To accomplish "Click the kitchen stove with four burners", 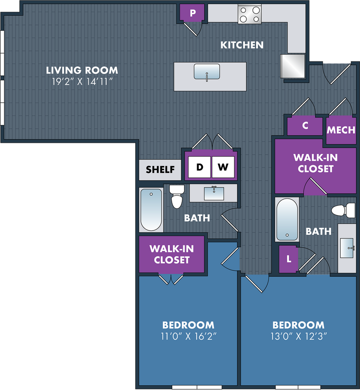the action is tap(249, 14).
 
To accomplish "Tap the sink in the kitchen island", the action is tap(207, 72).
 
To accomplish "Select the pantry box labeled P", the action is tap(192, 12).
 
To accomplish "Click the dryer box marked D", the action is tap(199, 167).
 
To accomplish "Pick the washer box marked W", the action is tap(223, 167).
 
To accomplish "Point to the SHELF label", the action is tap(160, 170).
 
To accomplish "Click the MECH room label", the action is tap(341, 130).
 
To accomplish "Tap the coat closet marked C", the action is tap(305, 126).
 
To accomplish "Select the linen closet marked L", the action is tap(288, 259).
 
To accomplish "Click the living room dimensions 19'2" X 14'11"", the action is tap(82, 82).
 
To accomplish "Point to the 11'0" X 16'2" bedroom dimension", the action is tap(189, 336).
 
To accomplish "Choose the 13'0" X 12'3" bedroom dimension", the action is tap(299, 336).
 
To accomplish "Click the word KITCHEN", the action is tap(242, 45).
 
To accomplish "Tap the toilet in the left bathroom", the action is tap(177, 196).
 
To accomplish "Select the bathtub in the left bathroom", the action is tap(151, 210).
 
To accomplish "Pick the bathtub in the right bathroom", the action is tap(287, 219).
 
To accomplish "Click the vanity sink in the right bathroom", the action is tap(347, 248).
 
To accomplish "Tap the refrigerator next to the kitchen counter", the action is tap(293, 66).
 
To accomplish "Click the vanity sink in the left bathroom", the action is tap(214, 194).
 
